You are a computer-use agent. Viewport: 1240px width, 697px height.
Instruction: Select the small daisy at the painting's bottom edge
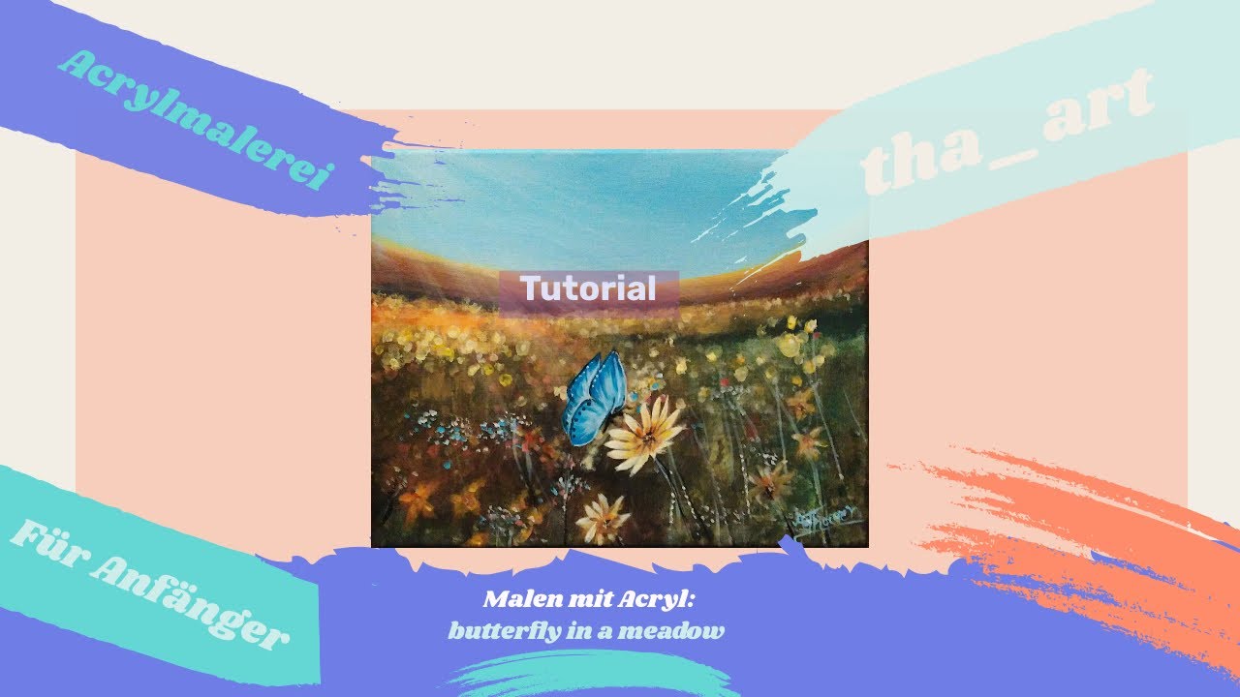(x=602, y=519)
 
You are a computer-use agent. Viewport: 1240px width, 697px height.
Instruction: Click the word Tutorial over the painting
(x=589, y=288)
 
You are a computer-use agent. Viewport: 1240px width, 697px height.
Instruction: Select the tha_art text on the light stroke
(x=1007, y=131)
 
